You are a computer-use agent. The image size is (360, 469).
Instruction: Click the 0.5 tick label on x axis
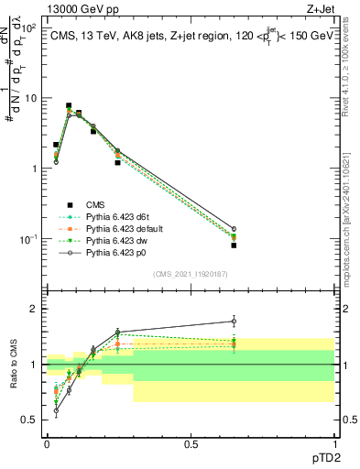[191, 443]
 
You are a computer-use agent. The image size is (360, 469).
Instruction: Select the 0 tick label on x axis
[47, 443]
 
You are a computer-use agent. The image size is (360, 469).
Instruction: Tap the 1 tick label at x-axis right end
[335, 443]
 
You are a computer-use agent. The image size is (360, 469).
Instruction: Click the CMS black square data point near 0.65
[234, 245]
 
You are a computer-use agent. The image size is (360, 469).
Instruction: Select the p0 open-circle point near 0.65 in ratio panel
[234, 321]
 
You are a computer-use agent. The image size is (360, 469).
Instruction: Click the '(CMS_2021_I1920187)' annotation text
[191, 273]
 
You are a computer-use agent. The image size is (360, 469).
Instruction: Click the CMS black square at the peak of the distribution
[69, 106]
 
